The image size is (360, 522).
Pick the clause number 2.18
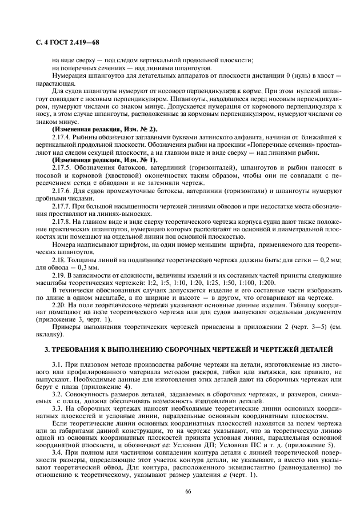tap(58, 260)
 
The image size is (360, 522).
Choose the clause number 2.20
tap(58, 306)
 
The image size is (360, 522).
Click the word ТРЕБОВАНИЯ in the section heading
tap(89, 348)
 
